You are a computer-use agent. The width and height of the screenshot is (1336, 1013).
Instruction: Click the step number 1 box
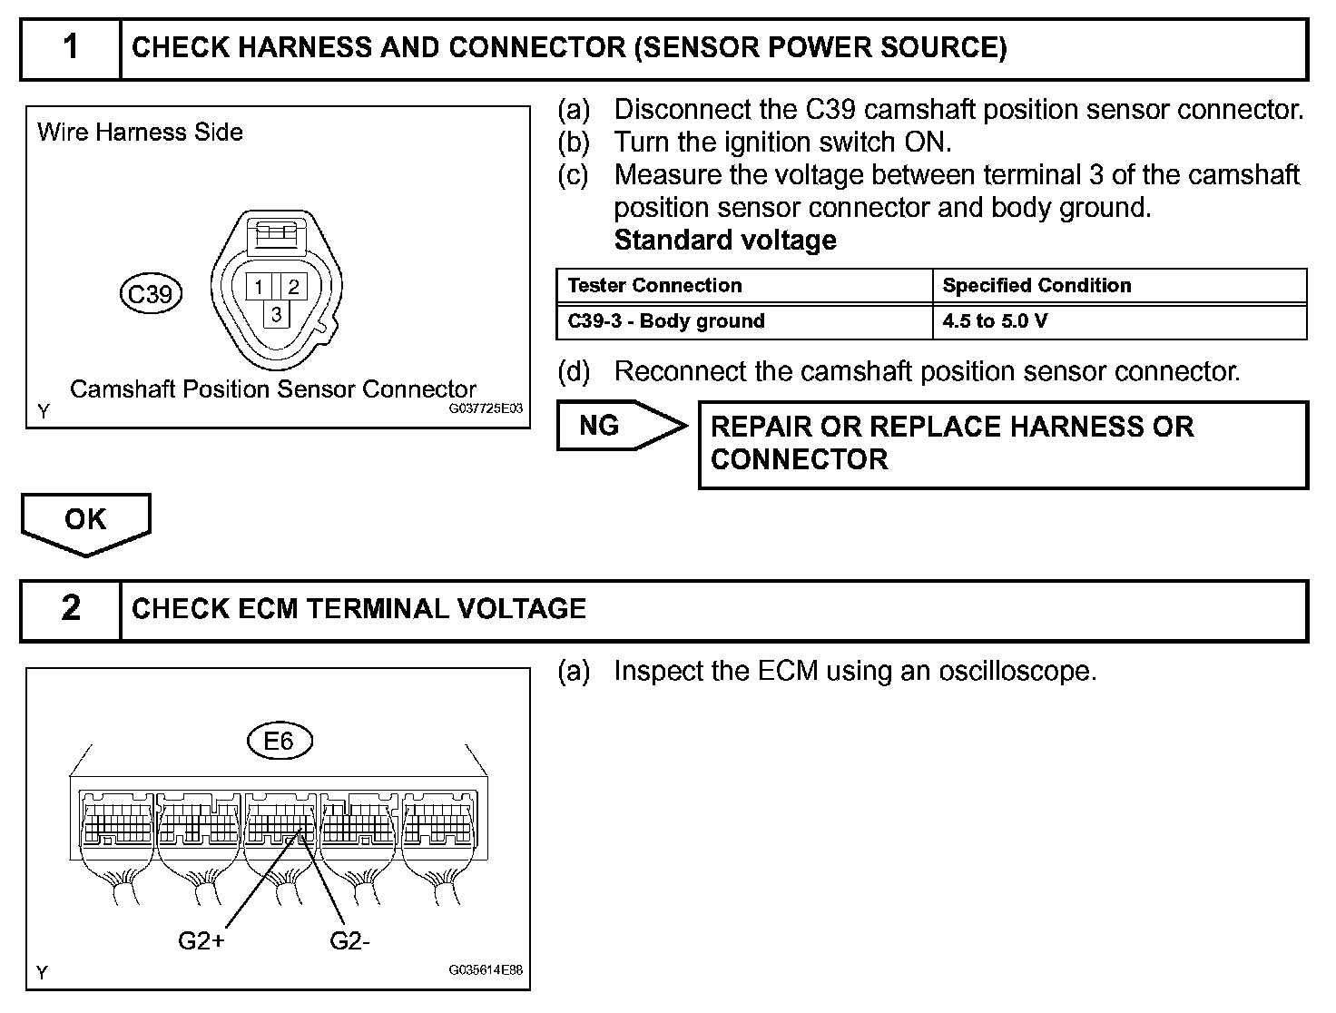71,48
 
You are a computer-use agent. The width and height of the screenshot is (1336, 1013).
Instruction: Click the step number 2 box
71,609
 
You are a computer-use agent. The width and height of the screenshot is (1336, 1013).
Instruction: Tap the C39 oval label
151,294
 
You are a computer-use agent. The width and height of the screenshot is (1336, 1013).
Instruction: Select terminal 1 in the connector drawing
259,288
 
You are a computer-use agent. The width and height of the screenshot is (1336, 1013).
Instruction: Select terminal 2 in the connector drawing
293,288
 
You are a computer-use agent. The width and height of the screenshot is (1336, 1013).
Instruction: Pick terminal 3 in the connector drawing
276,314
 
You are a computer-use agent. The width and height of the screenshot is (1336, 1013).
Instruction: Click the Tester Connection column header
654,286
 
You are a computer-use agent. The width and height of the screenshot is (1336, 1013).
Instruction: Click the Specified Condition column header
1036,286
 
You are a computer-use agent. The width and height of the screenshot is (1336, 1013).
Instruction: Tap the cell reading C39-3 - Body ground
666,321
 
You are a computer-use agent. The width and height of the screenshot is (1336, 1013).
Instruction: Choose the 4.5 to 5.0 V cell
995,321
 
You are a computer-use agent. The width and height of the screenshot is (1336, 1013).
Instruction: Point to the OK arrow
85,521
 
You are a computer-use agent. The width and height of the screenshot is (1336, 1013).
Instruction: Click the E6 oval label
279,742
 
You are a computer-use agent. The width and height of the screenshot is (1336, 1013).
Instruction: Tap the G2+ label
201,941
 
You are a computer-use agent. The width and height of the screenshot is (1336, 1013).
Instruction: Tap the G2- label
349,941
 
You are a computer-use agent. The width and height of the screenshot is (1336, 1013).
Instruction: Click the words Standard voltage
725,241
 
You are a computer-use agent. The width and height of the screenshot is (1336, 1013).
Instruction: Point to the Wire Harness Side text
140,133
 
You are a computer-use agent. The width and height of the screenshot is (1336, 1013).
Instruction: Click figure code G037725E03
486,409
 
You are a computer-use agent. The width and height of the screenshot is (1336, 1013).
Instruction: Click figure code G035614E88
486,970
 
